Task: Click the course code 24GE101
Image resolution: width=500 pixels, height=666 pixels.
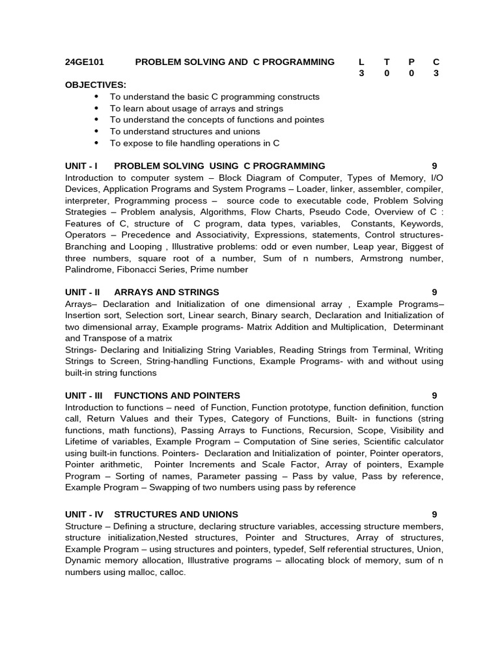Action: (x=85, y=62)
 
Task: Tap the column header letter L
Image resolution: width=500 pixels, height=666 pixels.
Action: (x=361, y=62)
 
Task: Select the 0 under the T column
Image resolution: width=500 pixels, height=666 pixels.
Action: (x=386, y=73)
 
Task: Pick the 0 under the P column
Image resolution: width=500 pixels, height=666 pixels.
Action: (x=411, y=73)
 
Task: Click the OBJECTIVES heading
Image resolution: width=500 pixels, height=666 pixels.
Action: (x=96, y=85)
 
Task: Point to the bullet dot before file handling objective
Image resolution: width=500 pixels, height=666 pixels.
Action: (x=97, y=143)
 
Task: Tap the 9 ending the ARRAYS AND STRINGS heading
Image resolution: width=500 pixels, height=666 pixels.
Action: (x=434, y=292)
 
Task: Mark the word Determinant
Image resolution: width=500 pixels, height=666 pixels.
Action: (x=419, y=326)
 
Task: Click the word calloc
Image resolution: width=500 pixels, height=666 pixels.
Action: (x=172, y=572)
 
